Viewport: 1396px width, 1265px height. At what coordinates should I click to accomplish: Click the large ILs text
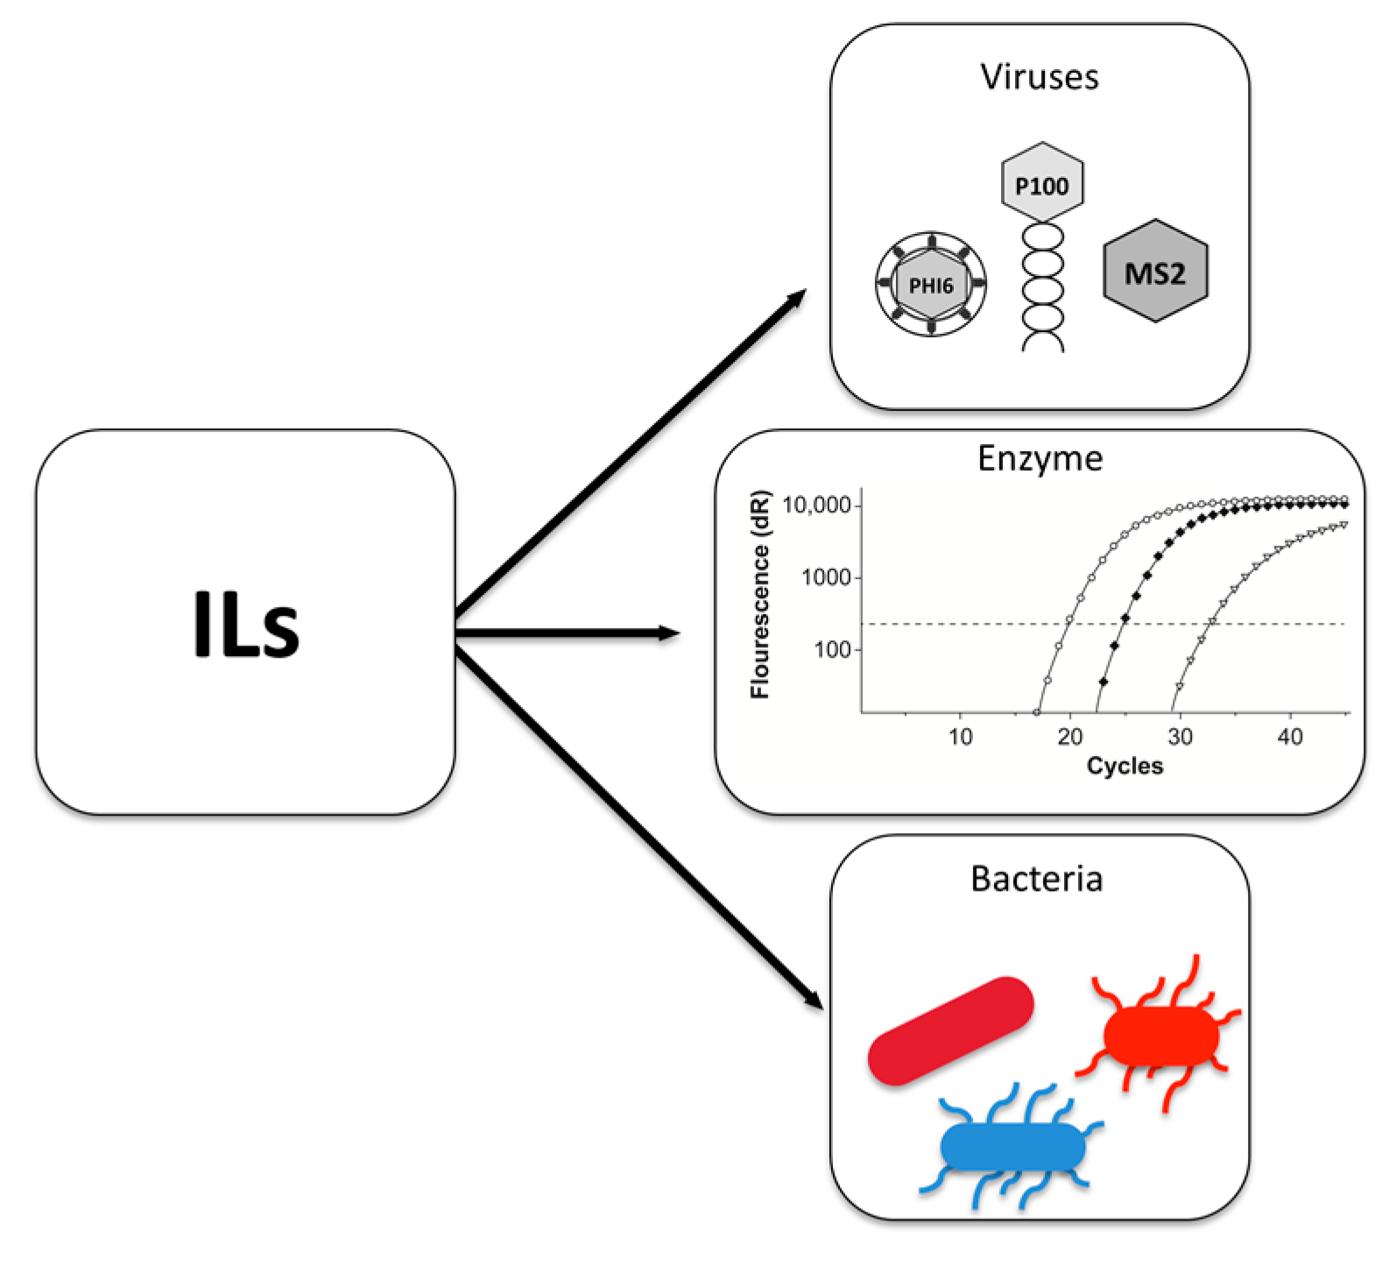point(246,624)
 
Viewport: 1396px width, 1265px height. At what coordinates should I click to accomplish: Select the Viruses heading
point(1039,77)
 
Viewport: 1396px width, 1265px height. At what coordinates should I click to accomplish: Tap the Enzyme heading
point(1040,459)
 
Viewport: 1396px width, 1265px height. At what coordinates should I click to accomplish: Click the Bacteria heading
point(1036,879)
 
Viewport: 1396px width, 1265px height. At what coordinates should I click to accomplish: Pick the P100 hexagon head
point(1041,183)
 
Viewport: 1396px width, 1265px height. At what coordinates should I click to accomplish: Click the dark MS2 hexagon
point(1155,272)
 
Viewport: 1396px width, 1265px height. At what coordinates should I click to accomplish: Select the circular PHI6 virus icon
point(931,284)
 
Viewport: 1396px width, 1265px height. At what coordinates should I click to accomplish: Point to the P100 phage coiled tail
point(1043,289)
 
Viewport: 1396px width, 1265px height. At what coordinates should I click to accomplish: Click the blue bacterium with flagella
point(1011,1146)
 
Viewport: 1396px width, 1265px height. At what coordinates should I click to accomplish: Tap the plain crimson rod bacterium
point(951,1030)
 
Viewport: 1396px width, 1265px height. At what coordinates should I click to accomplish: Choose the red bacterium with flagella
point(1161,1035)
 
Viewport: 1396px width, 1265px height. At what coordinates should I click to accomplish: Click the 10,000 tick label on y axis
point(816,505)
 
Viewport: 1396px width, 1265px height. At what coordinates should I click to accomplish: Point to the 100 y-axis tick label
point(832,650)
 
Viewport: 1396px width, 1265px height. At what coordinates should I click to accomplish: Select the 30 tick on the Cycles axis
point(1180,737)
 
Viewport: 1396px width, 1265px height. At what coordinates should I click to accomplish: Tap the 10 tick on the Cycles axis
point(960,737)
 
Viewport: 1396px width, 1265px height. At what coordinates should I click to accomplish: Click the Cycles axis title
point(1125,766)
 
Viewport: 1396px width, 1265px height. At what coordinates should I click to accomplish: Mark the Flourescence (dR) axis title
point(759,595)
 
